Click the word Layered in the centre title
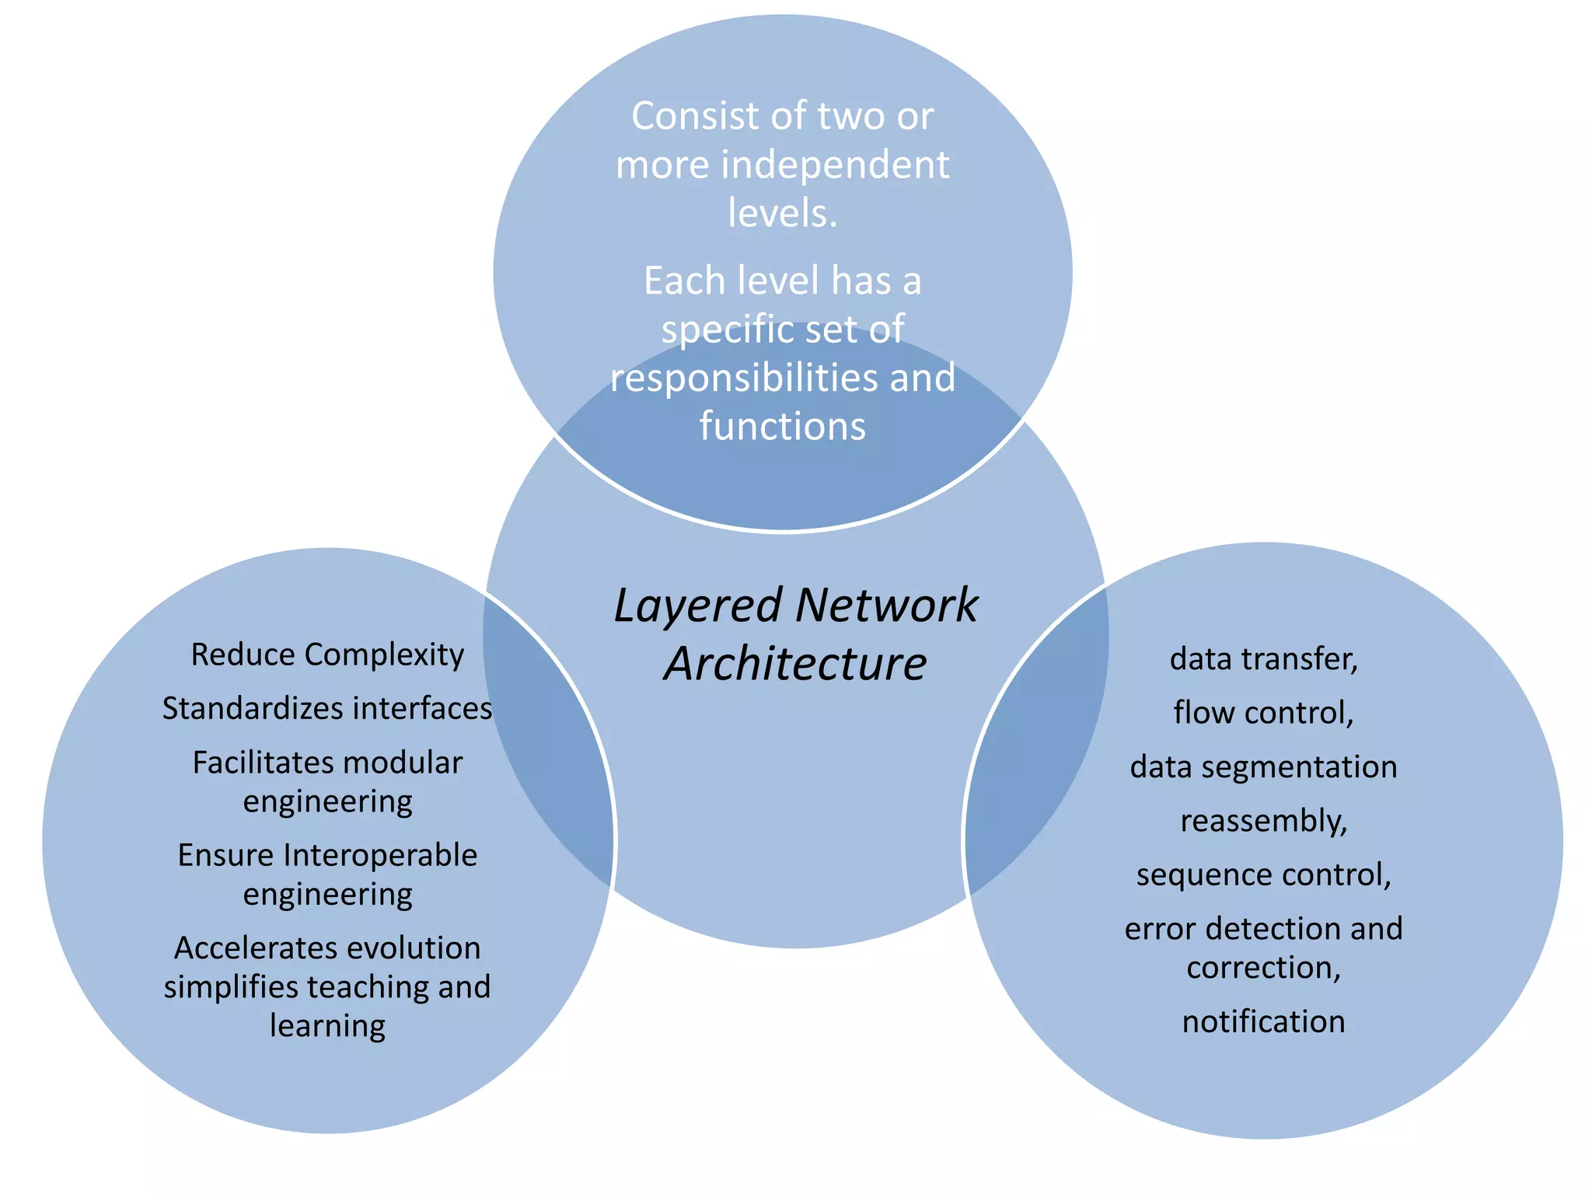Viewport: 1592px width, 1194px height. point(697,606)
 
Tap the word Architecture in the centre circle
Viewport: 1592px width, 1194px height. point(795,664)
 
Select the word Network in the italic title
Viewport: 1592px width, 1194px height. point(886,605)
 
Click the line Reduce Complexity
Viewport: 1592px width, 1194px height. point(327,655)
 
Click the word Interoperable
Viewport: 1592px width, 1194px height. point(381,855)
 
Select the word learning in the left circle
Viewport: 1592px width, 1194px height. point(327,1026)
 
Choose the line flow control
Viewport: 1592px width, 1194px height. point(1263,713)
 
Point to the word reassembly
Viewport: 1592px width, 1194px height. point(1263,822)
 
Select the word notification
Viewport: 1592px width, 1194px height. point(1263,1021)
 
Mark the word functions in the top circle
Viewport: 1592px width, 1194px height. point(782,427)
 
